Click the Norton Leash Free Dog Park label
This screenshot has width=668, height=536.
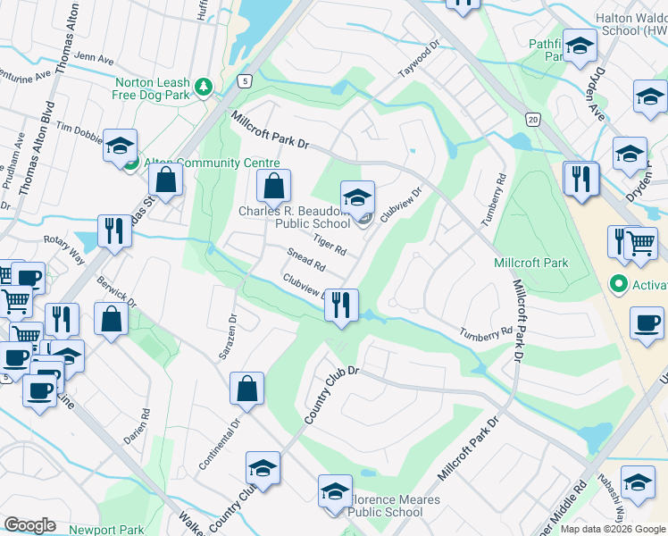pyautogui.click(x=152, y=87)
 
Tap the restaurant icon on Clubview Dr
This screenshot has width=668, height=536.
pyautogui.click(x=340, y=306)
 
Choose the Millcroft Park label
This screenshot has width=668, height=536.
pyautogui.click(x=530, y=264)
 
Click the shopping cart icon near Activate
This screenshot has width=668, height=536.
pyautogui.click(x=640, y=242)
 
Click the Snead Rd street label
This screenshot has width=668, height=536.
pyautogui.click(x=305, y=263)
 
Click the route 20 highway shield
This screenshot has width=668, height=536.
pyautogui.click(x=532, y=120)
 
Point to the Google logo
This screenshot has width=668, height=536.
pyautogui.click(x=29, y=525)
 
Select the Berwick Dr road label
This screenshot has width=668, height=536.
pyautogui.click(x=118, y=289)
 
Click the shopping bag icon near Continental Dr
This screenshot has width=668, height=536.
pyautogui.click(x=246, y=389)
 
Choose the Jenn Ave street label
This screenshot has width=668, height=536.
pyautogui.click(x=95, y=60)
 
